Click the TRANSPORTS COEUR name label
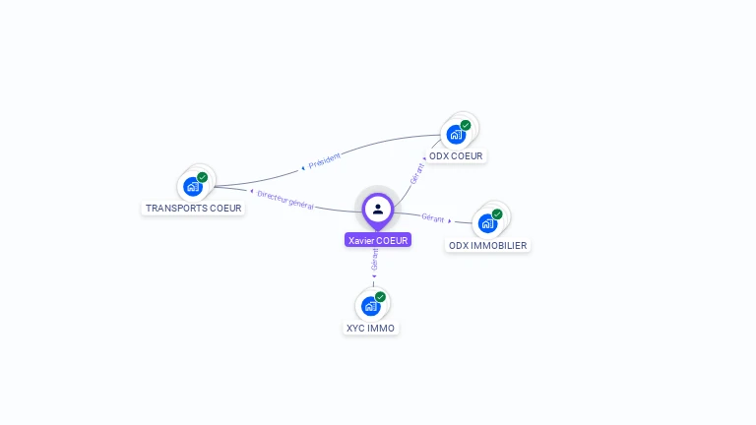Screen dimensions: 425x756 coord(193,208)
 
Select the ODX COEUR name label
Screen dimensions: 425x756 coord(456,155)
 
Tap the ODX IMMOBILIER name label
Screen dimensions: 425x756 coord(487,245)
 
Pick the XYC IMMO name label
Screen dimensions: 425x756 coord(371,328)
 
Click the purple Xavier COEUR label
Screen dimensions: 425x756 coord(378,240)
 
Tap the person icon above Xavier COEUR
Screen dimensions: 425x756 coord(378,209)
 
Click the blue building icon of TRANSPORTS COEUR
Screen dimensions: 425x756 coord(193,186)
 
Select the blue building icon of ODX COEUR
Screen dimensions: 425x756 coord(456,134)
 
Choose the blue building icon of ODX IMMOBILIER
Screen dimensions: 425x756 coord(487,223)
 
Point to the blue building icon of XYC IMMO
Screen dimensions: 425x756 coord(370,306)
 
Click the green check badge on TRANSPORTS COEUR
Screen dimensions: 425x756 coord(203,177)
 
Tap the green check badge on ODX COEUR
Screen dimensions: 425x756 coord(466,125)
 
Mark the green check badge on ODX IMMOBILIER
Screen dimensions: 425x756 coord(497,214)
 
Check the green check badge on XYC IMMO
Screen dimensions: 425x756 coord(380,297)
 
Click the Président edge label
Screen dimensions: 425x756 coord(325,160)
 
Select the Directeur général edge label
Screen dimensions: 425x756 coord(284,199)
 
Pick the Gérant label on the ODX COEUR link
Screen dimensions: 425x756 coord(417,174)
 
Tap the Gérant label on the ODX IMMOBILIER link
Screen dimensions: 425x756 coord(432,217)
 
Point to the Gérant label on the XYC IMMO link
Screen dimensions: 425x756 coord(375,259)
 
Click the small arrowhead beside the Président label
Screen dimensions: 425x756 coord(303,169)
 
